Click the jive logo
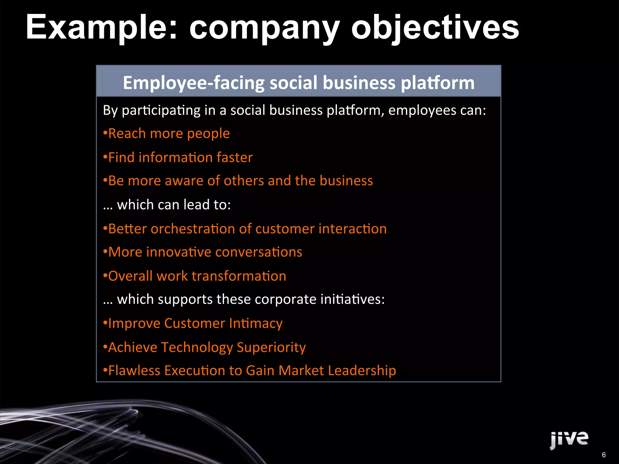pyautogui.click(x=569, y=439)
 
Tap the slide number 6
pyautogui.click(x=604, y=455)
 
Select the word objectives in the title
pyautogui.click(x=435, y=28)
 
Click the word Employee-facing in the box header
pyautogui.click(x=193, y=83)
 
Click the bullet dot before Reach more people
pyautogui.click(x=105, y=133)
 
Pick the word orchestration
pyautogui.click(x=193, y=229)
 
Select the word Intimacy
pyautogui.click(x=256, y=323)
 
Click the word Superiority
pyautogui.click(x=271, y=347)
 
